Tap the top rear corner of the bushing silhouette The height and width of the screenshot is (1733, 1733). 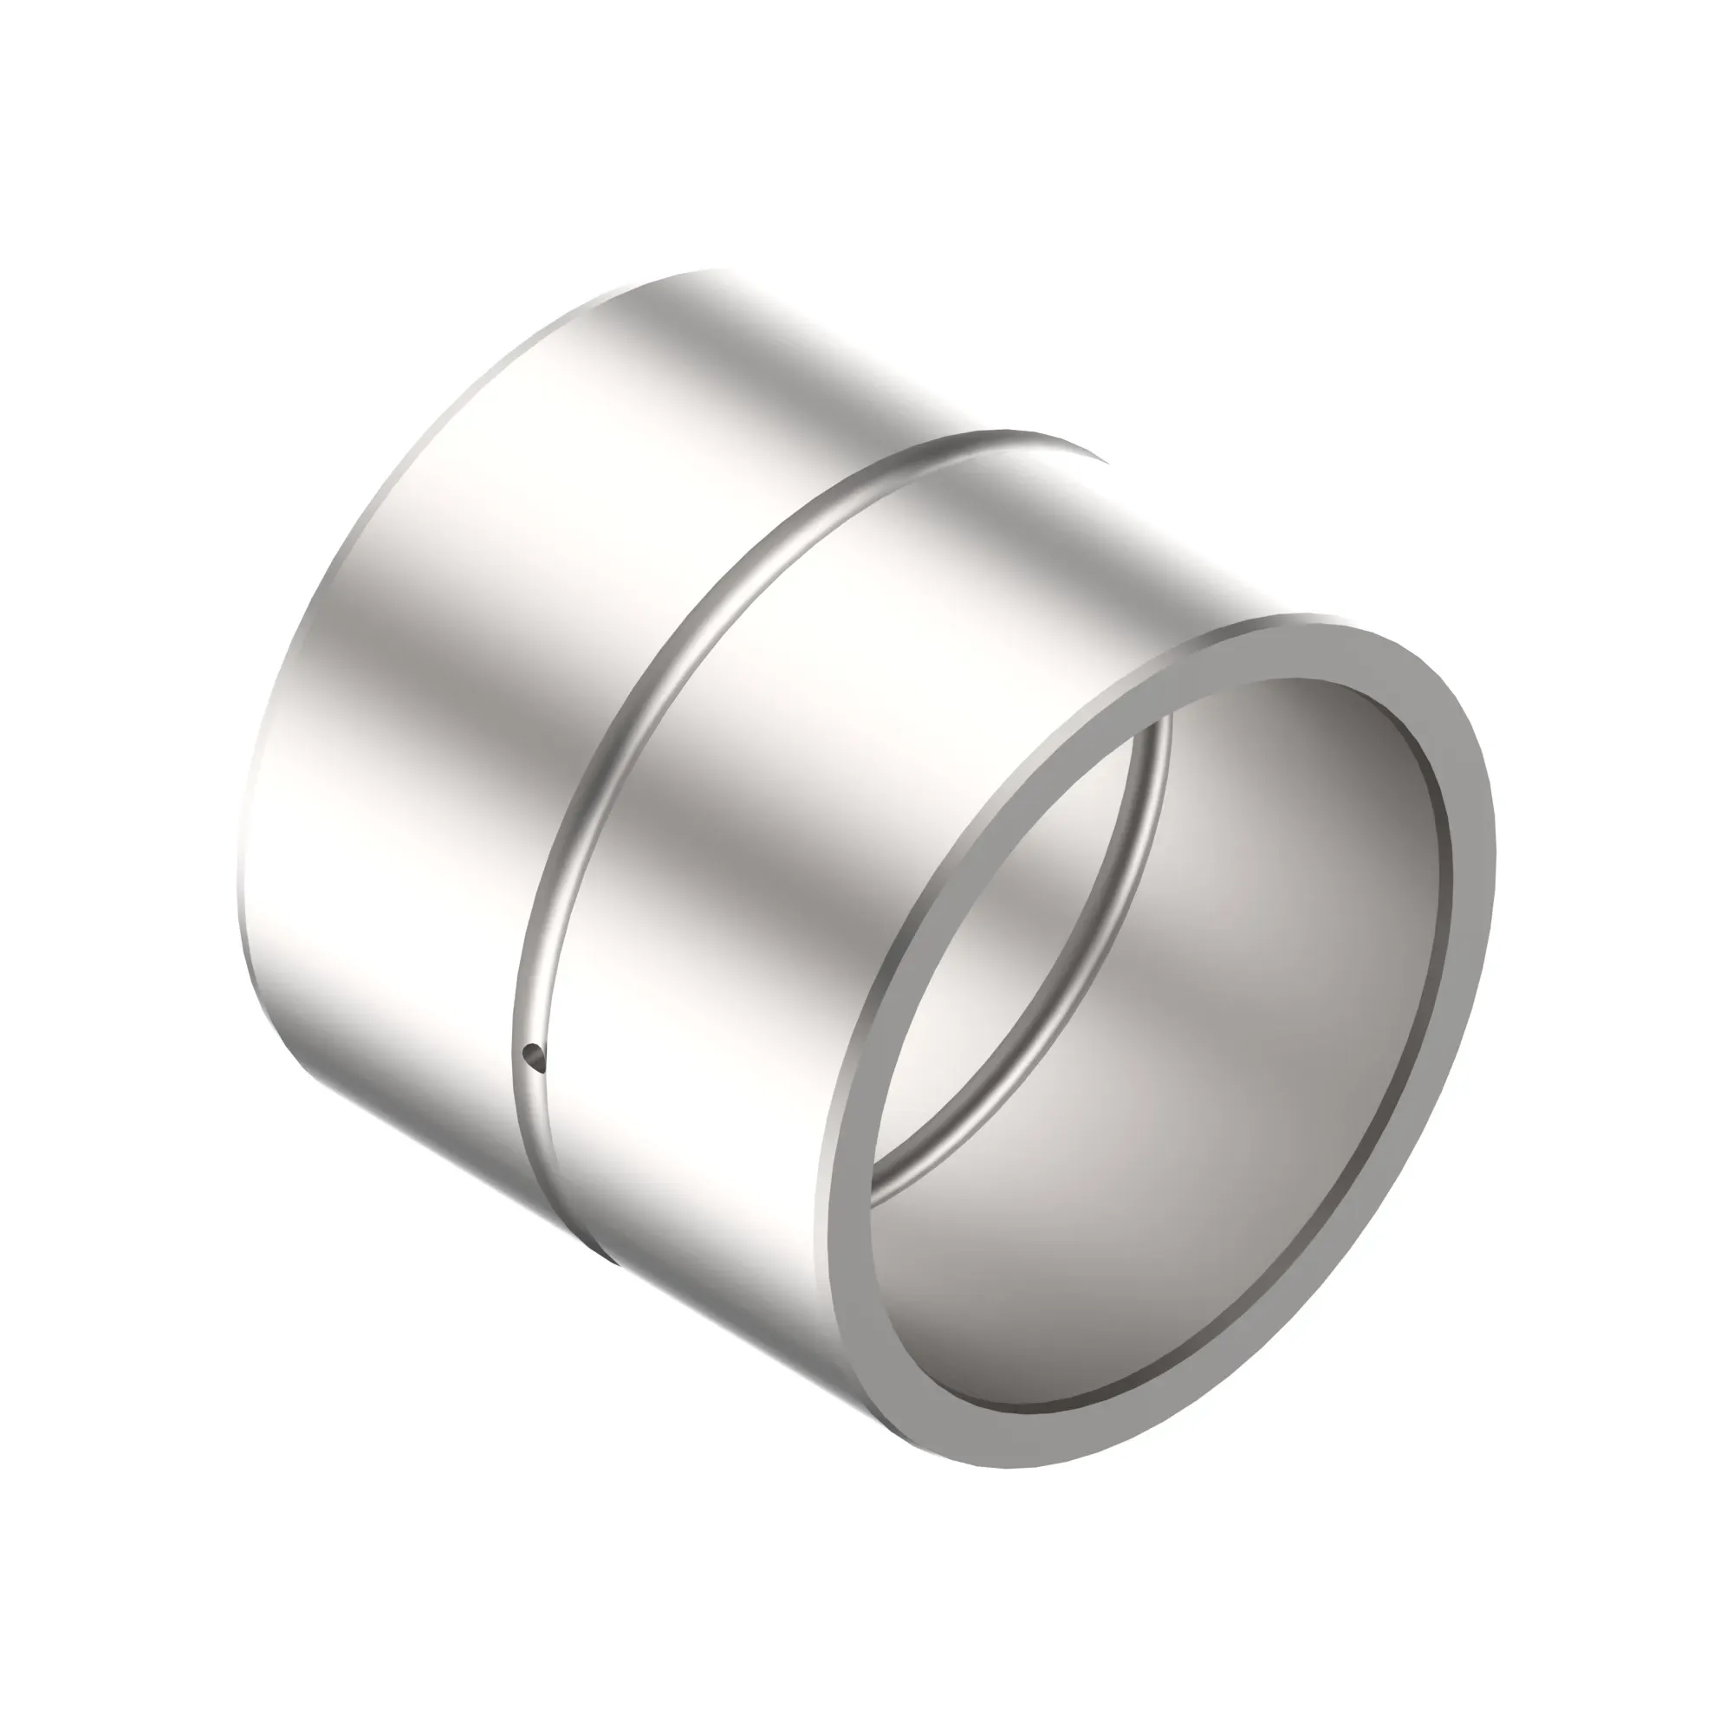point(709,271)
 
